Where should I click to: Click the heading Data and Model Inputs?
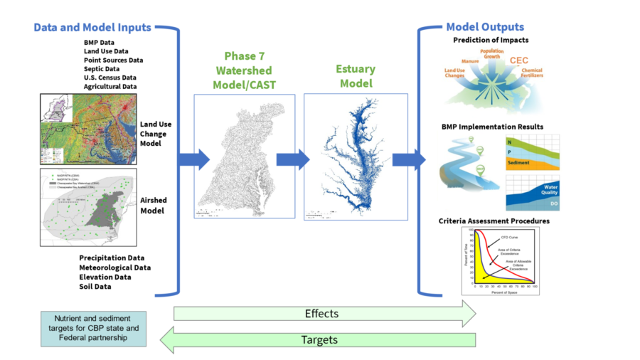click(x=92, y=27)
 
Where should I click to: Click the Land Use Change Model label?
click(x=155, y=133)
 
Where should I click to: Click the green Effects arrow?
click(x=321, y=313)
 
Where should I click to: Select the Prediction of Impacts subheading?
click(x=491, y=41)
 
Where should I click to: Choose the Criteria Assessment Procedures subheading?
click(x=494, y=221)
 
